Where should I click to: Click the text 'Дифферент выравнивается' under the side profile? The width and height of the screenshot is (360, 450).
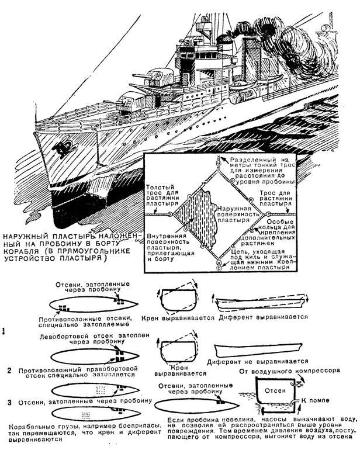tap(263, 317)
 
